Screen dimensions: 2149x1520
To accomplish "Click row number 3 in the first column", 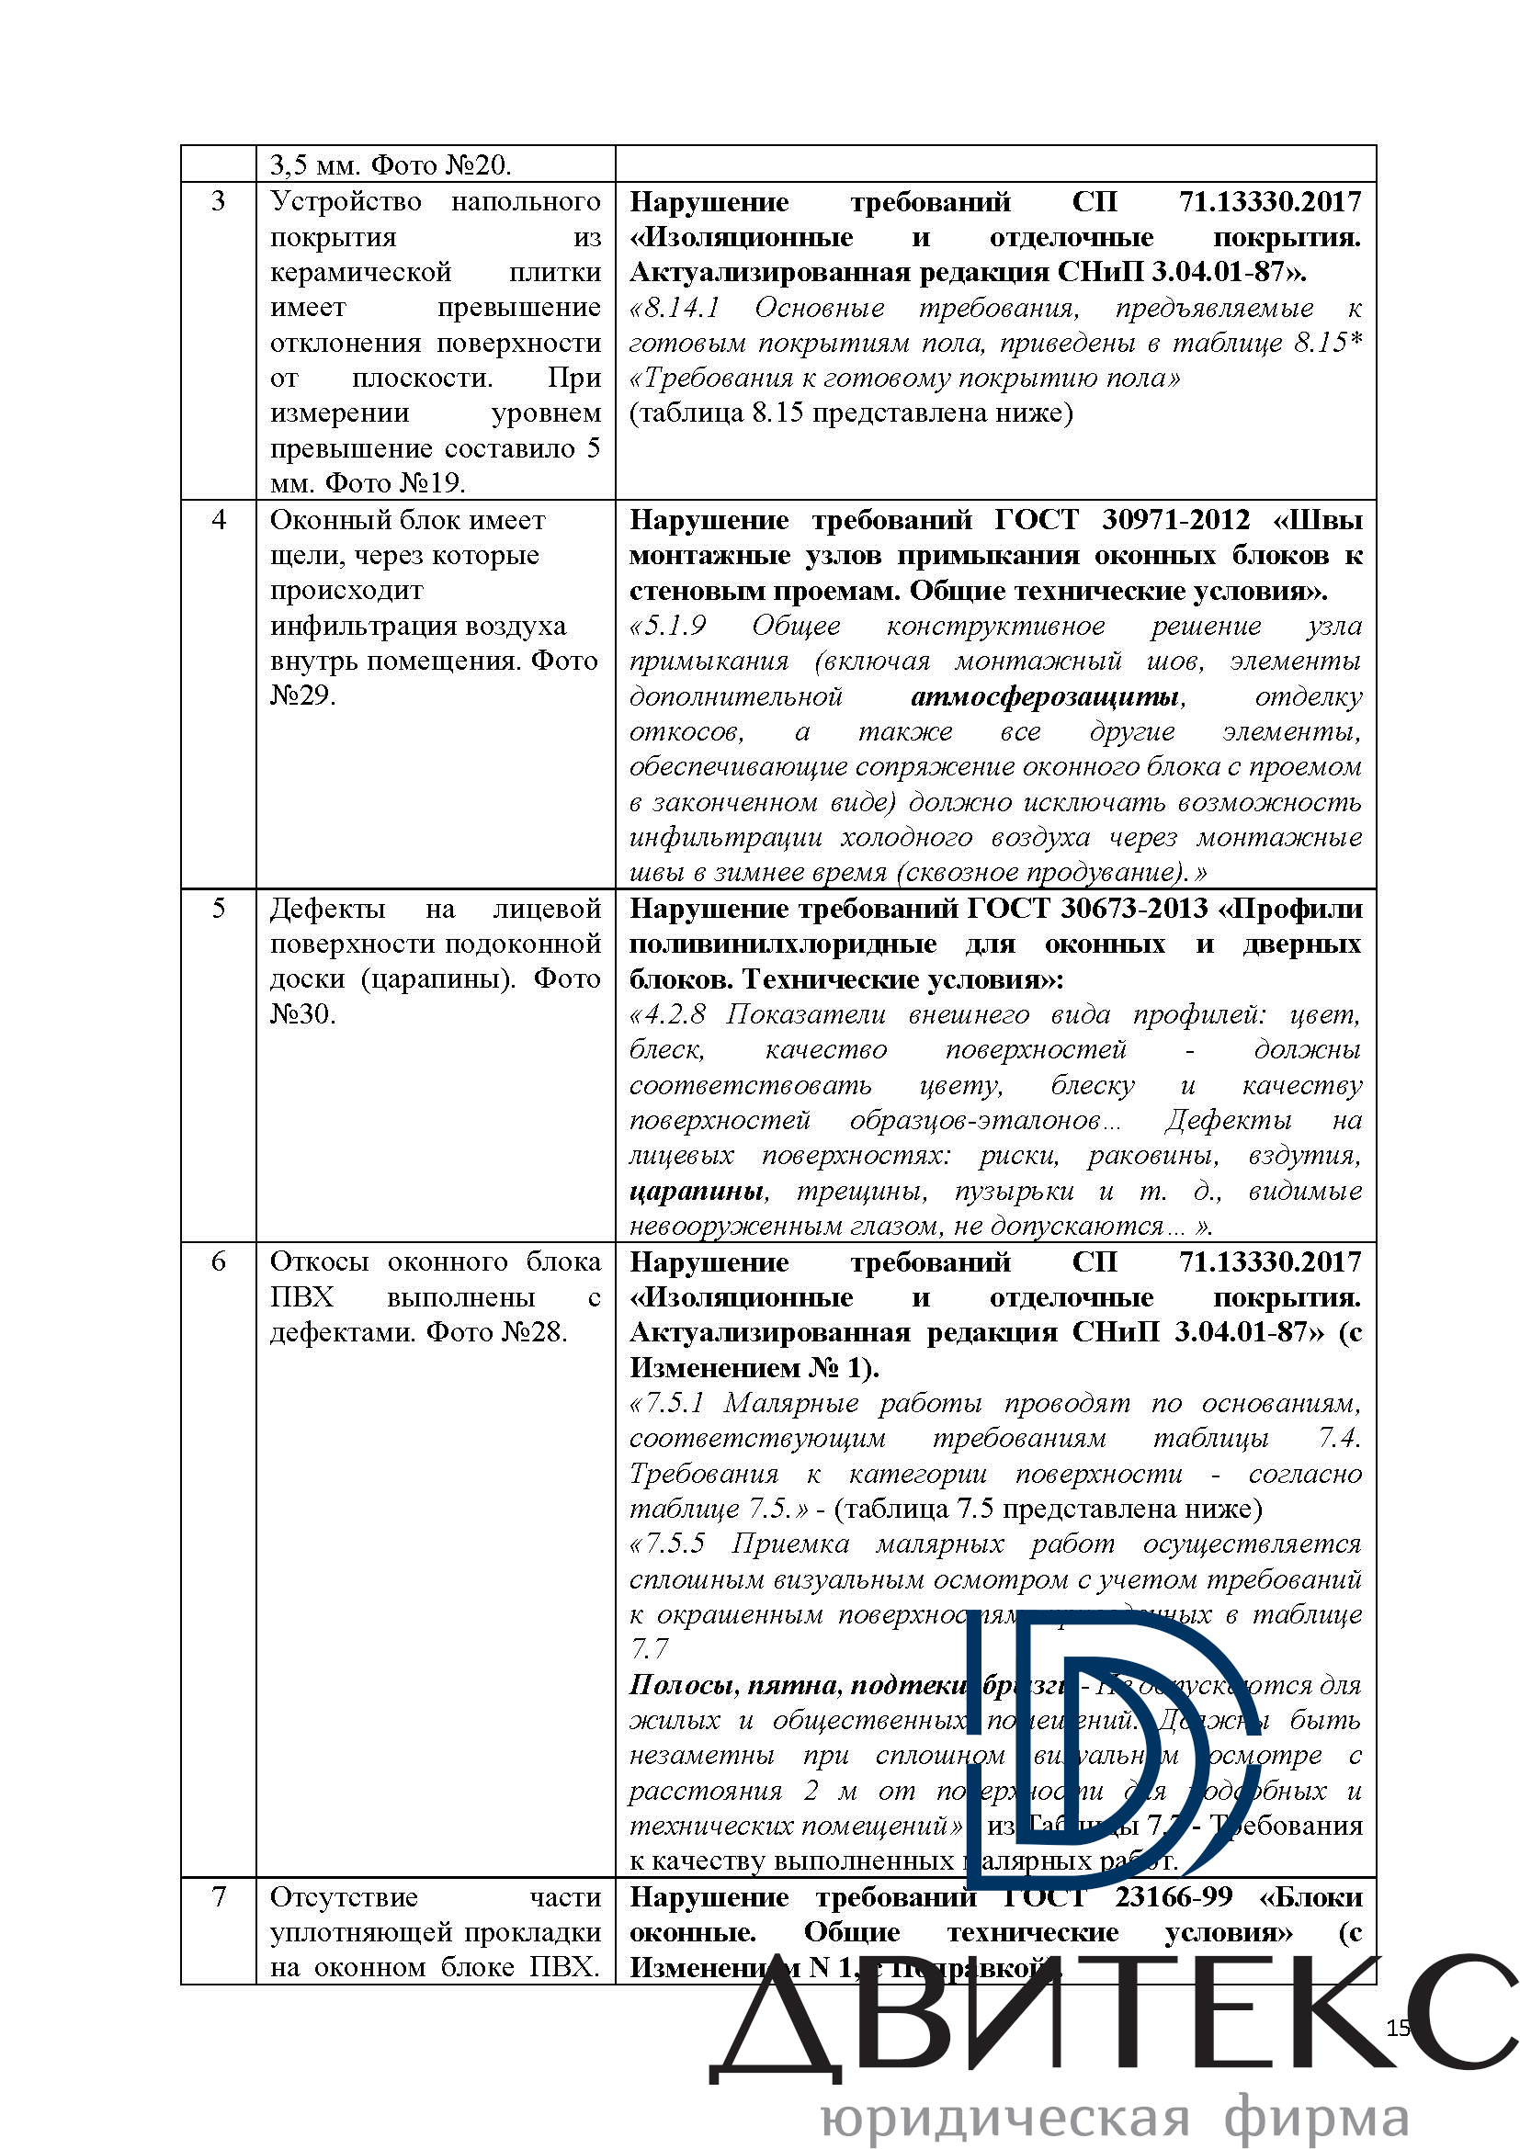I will click(x=218, y=201).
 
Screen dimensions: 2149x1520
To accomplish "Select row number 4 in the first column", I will click(x=218, y=519).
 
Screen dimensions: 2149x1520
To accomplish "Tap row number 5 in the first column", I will click(x=218, y=908).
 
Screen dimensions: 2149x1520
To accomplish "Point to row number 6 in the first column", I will click(x=218, y=1261).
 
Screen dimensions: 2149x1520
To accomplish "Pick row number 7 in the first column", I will click(x=218, y=1896).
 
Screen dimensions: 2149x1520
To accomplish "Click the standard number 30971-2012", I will click(x=1175, y=519).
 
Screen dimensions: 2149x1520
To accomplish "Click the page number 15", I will click(x=1398, y=2029).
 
